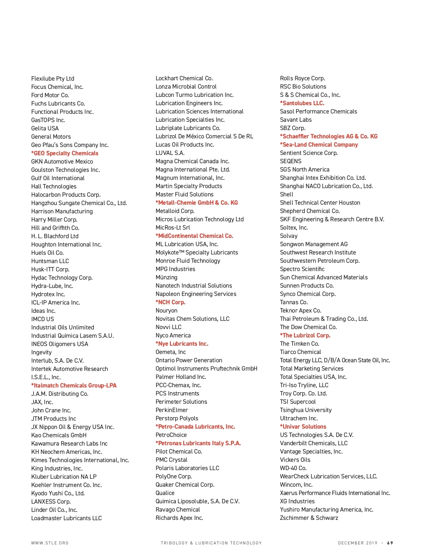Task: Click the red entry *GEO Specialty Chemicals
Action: [65, 153]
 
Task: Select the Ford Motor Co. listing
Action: [50, 95]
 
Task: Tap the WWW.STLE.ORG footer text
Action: [50, 543]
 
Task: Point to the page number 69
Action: [390, 543]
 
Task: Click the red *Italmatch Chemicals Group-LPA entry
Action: [74, 385]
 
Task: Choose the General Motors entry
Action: [51, 137]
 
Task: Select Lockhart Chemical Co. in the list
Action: [184, 78]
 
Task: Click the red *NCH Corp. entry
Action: [171, 302]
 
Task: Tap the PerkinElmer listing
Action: [172, 410]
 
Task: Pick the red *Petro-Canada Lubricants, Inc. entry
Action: [195, 427]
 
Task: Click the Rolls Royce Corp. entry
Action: [302, 78]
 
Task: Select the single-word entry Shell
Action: [287, 194]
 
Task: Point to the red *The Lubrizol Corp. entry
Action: [305, 335]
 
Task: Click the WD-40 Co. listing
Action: [293, 468]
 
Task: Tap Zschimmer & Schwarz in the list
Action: [309, 518]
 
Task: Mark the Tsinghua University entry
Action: [306, 410]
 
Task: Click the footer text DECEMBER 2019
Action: [357, 543]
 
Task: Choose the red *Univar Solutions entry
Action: [303, 427]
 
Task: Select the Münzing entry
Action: [166, 277]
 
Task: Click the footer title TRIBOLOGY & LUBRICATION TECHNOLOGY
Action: [211, 543]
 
